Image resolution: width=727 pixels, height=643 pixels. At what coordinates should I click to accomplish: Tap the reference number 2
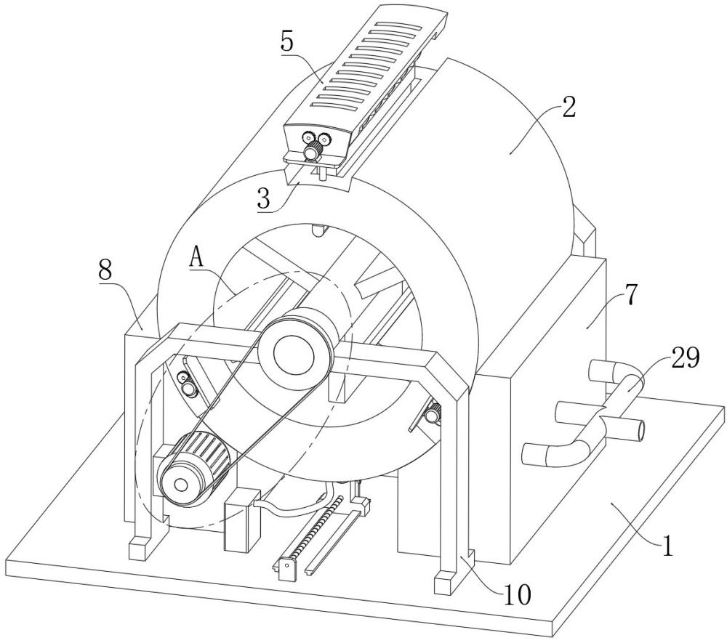pos(569,107)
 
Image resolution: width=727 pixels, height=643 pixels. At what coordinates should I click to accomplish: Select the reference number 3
pos(263,198)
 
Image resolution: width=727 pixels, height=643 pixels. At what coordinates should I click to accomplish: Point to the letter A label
pos(196,256)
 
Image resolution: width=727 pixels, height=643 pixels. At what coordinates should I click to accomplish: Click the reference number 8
pos(105,270)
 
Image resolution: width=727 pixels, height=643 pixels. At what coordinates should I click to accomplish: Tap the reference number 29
pos(685,358)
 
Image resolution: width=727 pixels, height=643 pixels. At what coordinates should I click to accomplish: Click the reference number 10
pos(516,595)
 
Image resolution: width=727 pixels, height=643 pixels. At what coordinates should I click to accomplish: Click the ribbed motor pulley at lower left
pos(194,469)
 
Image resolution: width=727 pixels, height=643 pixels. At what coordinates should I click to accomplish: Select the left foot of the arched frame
pos(140,547)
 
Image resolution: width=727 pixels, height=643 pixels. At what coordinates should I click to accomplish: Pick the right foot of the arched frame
pos(444,583)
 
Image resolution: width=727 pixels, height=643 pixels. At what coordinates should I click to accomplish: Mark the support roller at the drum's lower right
pos(434,412)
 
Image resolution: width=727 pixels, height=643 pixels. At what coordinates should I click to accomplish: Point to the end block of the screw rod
pos(286,569)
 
